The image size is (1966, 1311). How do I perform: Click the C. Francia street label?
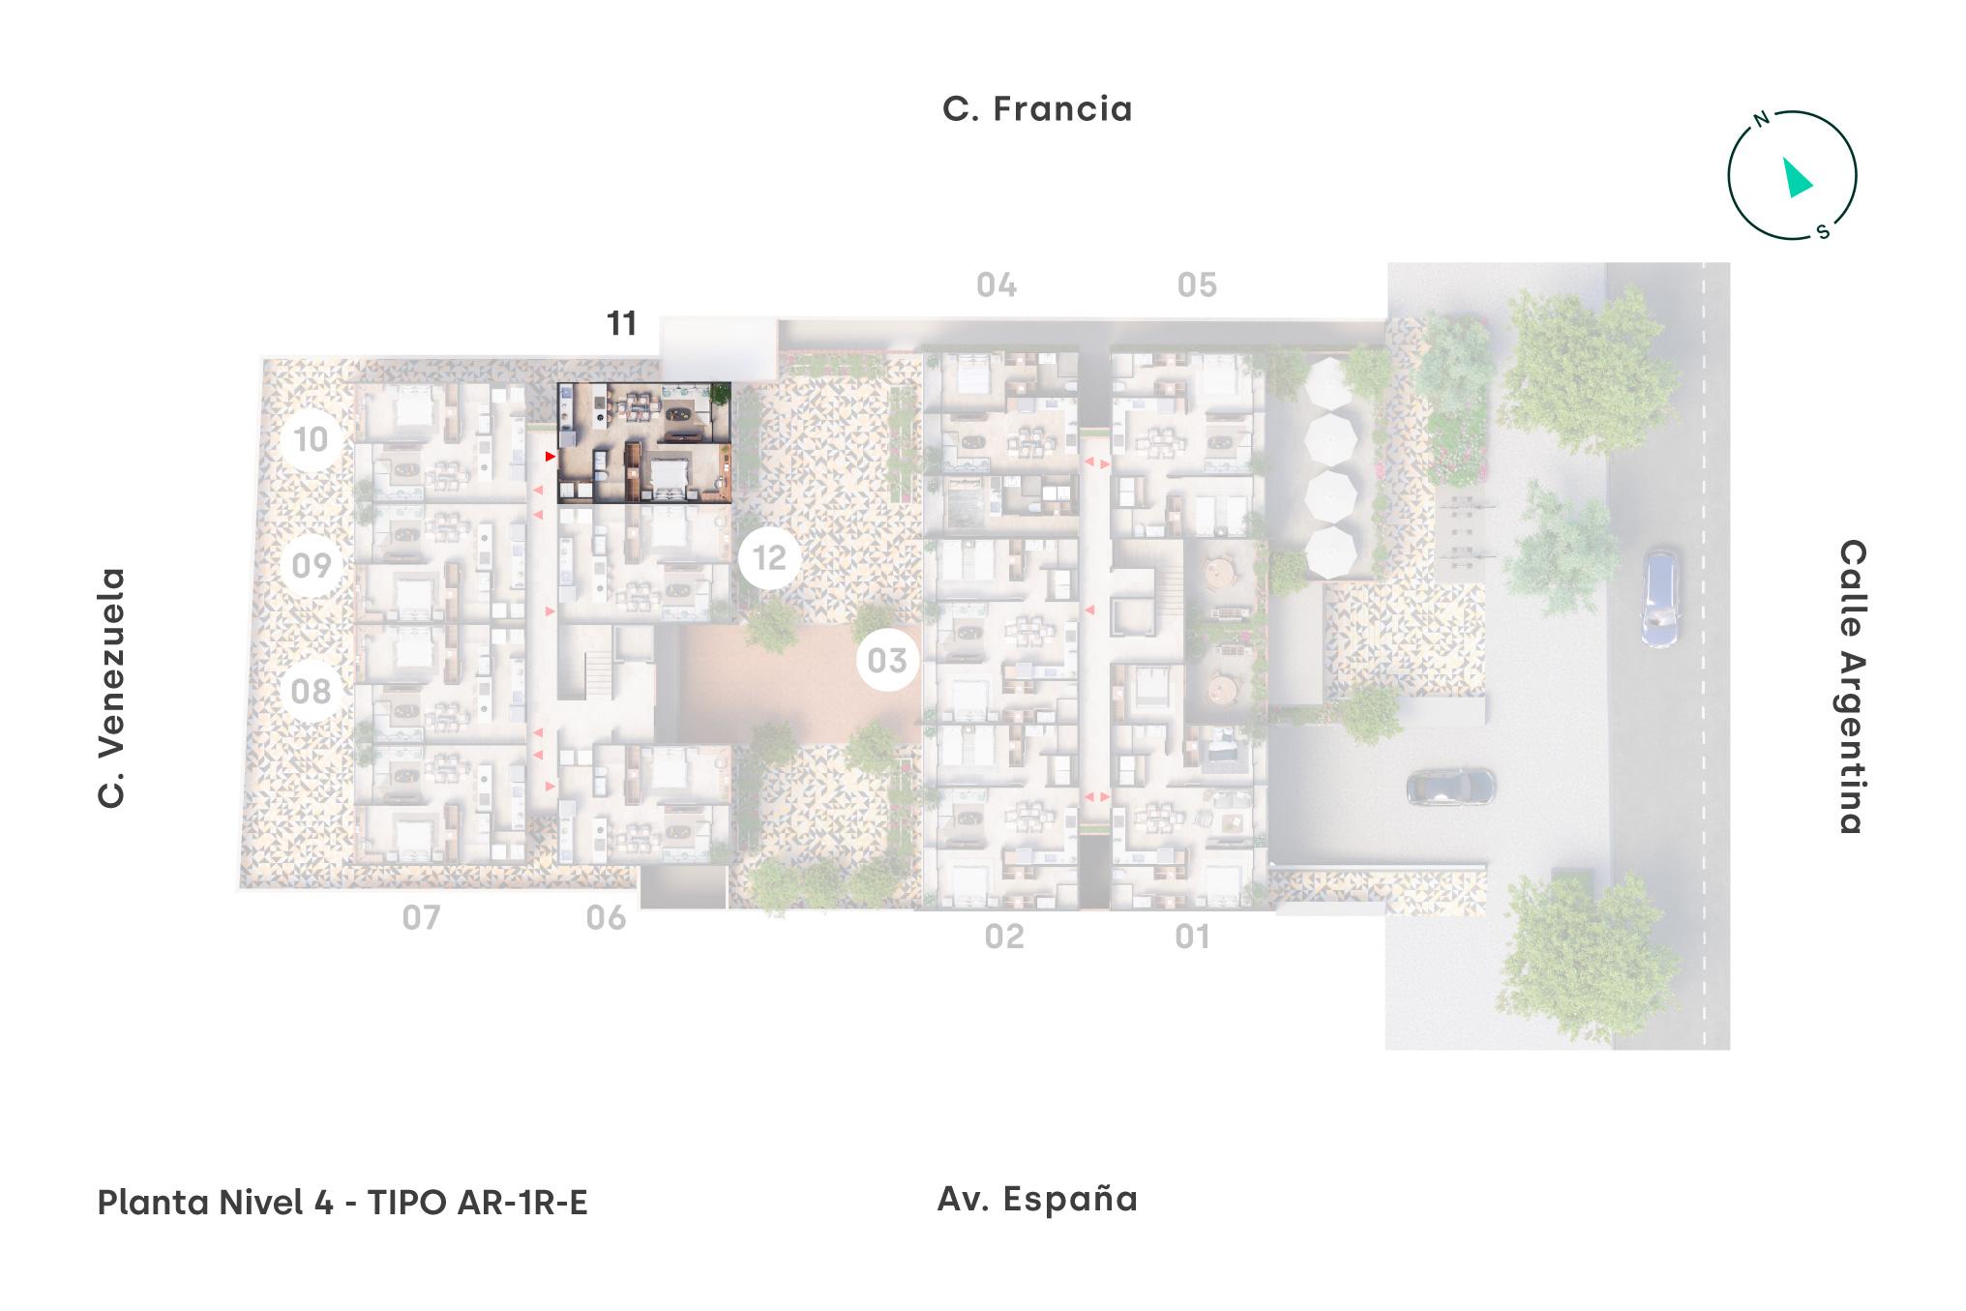point(1037,109)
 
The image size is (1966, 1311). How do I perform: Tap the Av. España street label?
point(1037,1199)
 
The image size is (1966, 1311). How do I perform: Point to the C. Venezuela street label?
point(112,688)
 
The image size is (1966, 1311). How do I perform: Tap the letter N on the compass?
point(1762,120)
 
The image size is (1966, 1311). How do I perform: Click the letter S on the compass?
point(1823,232)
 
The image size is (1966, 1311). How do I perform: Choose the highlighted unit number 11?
point(621,323)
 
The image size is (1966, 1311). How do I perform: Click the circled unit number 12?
point(770,558)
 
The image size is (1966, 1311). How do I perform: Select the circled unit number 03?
point(887,661)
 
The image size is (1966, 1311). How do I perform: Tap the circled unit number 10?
point(311,440)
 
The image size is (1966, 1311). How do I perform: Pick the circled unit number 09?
point(311,565)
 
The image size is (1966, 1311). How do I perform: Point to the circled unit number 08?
point(311,691)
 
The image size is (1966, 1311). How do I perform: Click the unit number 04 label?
point(996,285)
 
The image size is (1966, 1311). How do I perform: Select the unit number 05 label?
point(1197,285)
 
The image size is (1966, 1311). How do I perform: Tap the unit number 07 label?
point(421,917)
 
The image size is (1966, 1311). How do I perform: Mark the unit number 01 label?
point(1192,937)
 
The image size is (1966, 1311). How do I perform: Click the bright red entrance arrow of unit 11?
point(550,456)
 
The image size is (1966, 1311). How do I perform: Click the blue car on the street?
point(1659,599)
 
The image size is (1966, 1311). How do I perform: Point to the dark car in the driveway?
point(1450,787)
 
